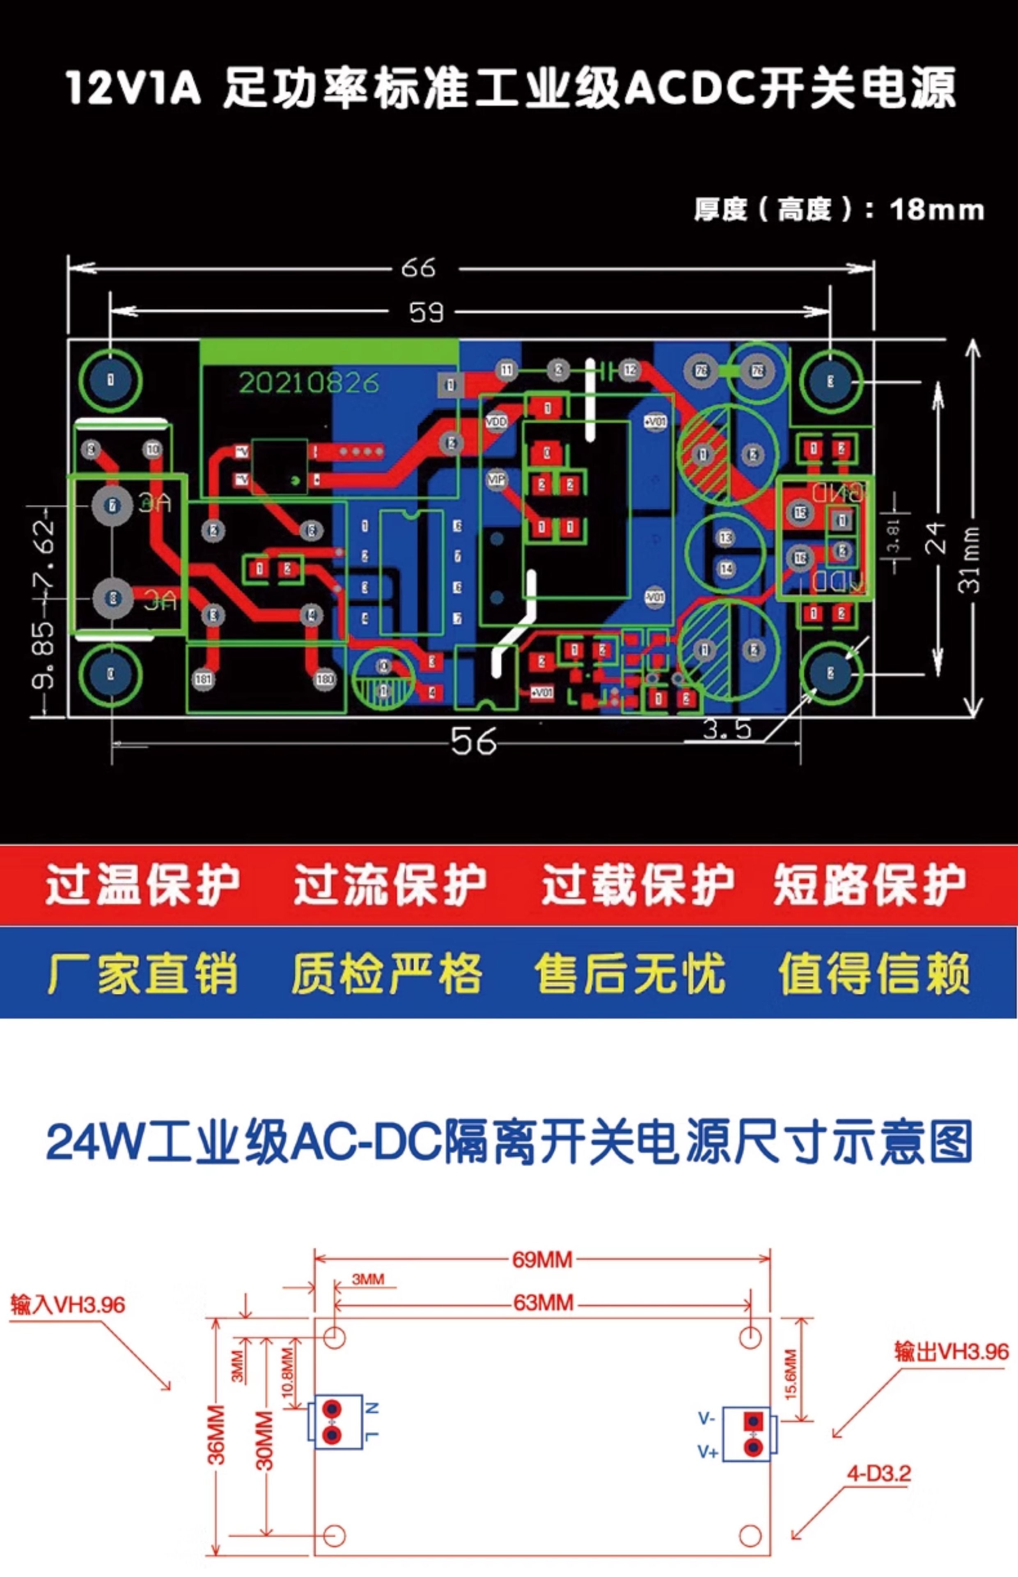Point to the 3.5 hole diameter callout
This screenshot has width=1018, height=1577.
coord(727,729)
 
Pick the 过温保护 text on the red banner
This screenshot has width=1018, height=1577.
coord(142,884)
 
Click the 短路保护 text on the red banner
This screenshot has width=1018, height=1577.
coord(869,884)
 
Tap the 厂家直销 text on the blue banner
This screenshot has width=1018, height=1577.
coord(142,973)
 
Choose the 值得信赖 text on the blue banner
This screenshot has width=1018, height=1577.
coord(874,973)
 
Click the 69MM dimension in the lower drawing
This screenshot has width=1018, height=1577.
coord(542,1260)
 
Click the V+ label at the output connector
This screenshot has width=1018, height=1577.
coord(707,1452)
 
